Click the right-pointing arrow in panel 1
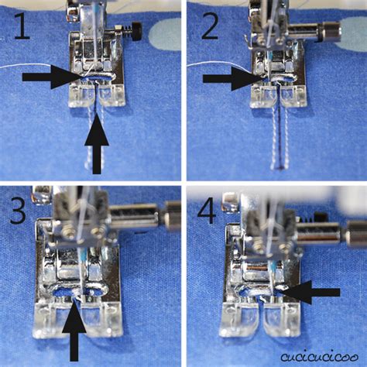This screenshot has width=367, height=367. coord(51,77)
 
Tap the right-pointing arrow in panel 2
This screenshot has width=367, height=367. coord(232,77)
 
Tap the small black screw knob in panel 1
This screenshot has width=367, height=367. coord(136,33)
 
